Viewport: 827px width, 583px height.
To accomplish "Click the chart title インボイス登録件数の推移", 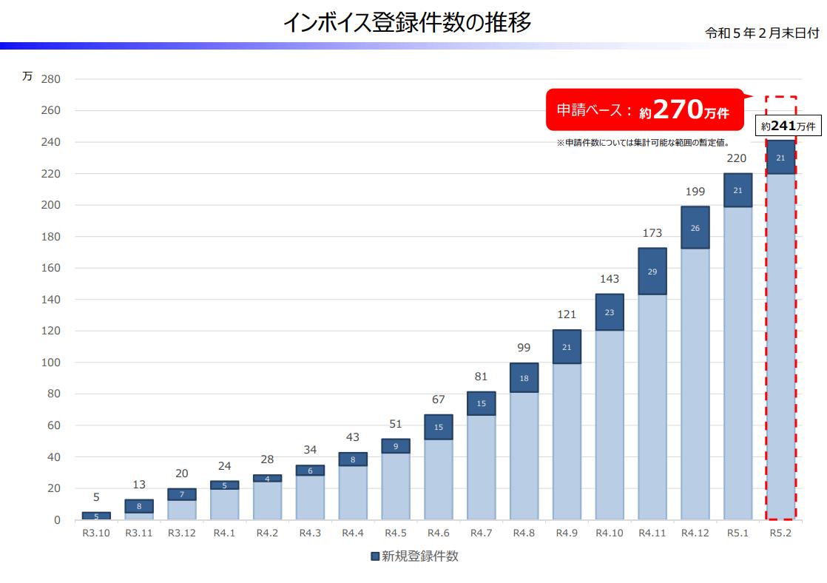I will pos(407,23).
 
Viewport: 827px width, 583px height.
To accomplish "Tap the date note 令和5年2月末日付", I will pos(761,33).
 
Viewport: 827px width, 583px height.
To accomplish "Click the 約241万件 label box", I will pos(789,127).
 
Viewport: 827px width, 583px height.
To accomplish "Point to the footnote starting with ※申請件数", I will pos(643,143).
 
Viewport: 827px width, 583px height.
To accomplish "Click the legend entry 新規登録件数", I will pos(414,556).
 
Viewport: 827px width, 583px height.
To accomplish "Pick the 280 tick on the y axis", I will pos(51,79).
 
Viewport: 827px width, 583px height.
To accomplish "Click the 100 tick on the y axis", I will pos(51,363).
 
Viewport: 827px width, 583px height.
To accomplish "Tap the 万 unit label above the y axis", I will pos(27,76).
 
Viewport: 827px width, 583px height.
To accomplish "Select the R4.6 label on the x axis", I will pos(439,533).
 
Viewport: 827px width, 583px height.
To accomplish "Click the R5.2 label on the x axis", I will pos(780,533).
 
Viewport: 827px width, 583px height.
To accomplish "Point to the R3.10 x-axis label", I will pos(96,533).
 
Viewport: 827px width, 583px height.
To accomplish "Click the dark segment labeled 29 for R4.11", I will pos(652,272).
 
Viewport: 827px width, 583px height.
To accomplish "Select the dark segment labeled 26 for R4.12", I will pos(695,228).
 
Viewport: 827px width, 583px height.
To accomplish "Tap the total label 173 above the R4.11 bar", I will pos(652,233).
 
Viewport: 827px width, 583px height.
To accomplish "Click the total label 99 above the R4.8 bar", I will pos(524,348).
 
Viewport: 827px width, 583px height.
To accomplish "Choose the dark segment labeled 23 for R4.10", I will pos(610,312).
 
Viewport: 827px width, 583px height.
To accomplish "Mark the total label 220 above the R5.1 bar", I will pos(737,158).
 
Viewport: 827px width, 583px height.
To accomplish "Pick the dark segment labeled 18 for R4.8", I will pos(524,378).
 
